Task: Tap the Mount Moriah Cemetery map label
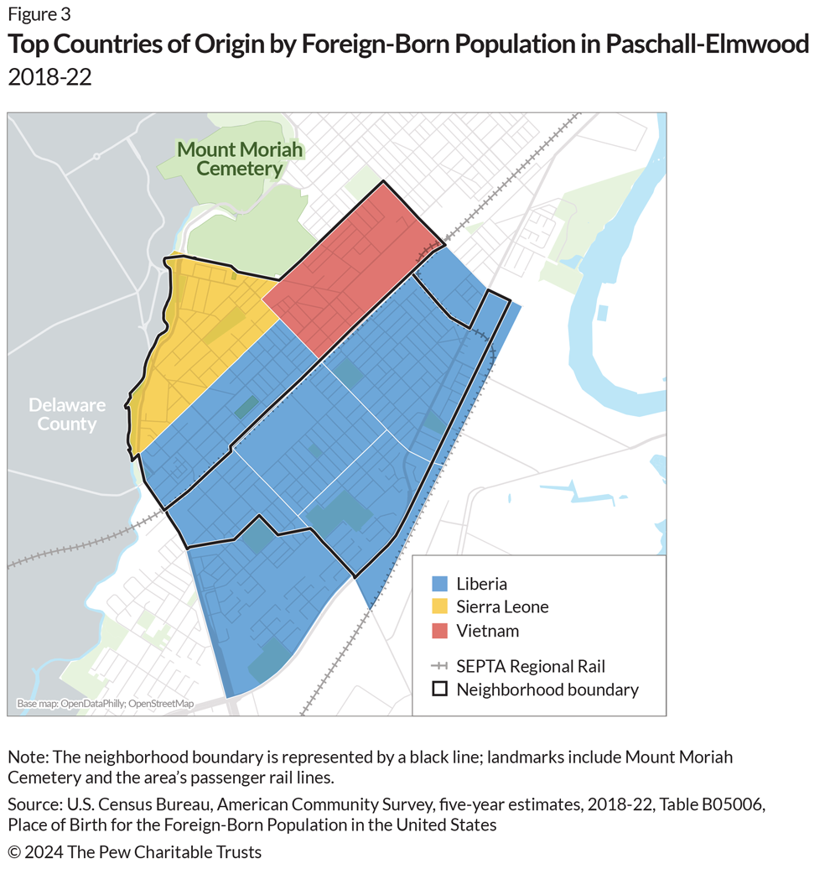(x=240, y=159)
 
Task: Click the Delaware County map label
(x=67, y=414)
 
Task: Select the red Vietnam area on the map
(x=348, y=268)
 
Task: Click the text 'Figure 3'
(x=39, y=14)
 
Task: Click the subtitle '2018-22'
(x=49, y=78)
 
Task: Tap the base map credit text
(x=105, y=704)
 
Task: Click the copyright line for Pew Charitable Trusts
(x=135, y=852)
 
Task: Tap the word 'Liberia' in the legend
(x=482, y=584)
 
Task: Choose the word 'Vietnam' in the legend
(x=488, y=630)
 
